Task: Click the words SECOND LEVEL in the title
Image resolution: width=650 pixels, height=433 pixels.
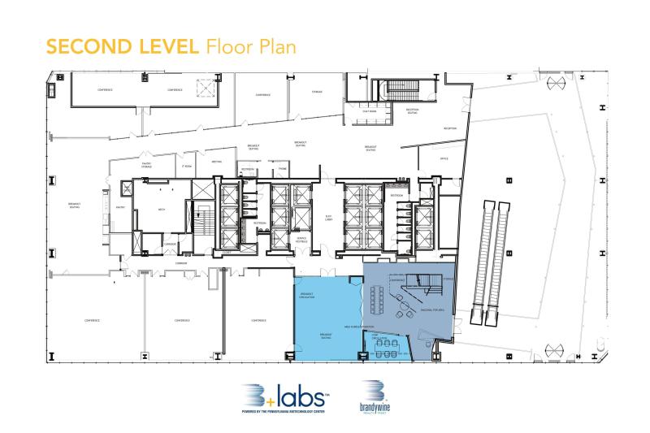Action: click(x=122, y=46)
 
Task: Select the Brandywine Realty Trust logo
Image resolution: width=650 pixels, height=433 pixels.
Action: click(x=375, y=398)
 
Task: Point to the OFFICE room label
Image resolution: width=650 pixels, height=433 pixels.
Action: click(x=444, y=159)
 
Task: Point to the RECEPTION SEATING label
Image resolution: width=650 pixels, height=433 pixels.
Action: click(x=412, y=113)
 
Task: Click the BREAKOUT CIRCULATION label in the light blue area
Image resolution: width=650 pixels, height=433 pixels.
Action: click(x=308, y=296)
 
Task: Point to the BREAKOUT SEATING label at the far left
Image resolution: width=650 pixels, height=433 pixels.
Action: click(x=74, y=206)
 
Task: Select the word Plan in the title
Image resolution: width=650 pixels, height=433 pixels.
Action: click(x=273, y=46)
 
